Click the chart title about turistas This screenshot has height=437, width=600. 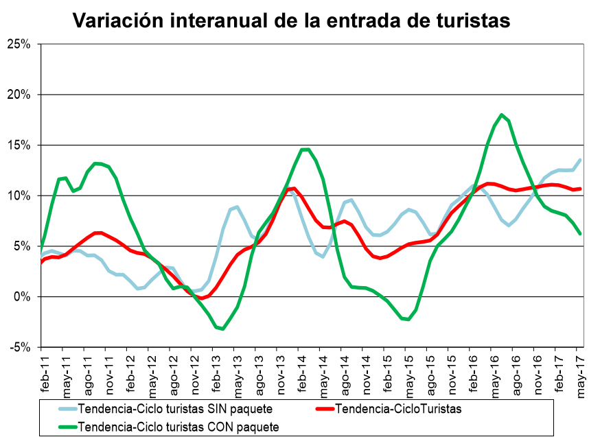(x=292, y=20)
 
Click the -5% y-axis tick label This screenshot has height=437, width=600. (x=22, y=347)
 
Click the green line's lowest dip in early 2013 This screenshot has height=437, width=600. (x=222, y=329)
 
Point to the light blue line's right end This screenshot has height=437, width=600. (x=581, y=160)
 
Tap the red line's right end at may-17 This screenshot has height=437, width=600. (x=581, y=189)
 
